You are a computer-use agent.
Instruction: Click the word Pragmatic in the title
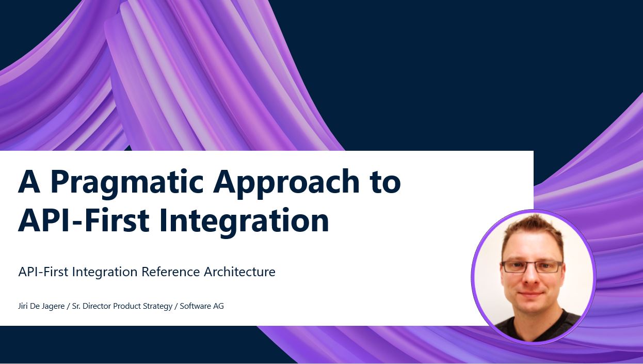point(127,183)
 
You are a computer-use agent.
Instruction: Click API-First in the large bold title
point(84,220)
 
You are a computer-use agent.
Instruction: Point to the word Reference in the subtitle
point(170,272)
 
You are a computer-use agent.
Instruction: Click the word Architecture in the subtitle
point(239,272)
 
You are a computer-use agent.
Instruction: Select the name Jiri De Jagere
point(41,306)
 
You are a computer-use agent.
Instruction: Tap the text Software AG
point(202,306)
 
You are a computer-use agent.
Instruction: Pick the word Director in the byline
point(97,306)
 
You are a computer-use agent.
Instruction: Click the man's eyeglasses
point(532,266)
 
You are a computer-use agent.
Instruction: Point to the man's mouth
point(531,294)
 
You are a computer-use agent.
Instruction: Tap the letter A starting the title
point(29,181)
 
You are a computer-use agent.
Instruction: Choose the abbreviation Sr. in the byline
point(76,306)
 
